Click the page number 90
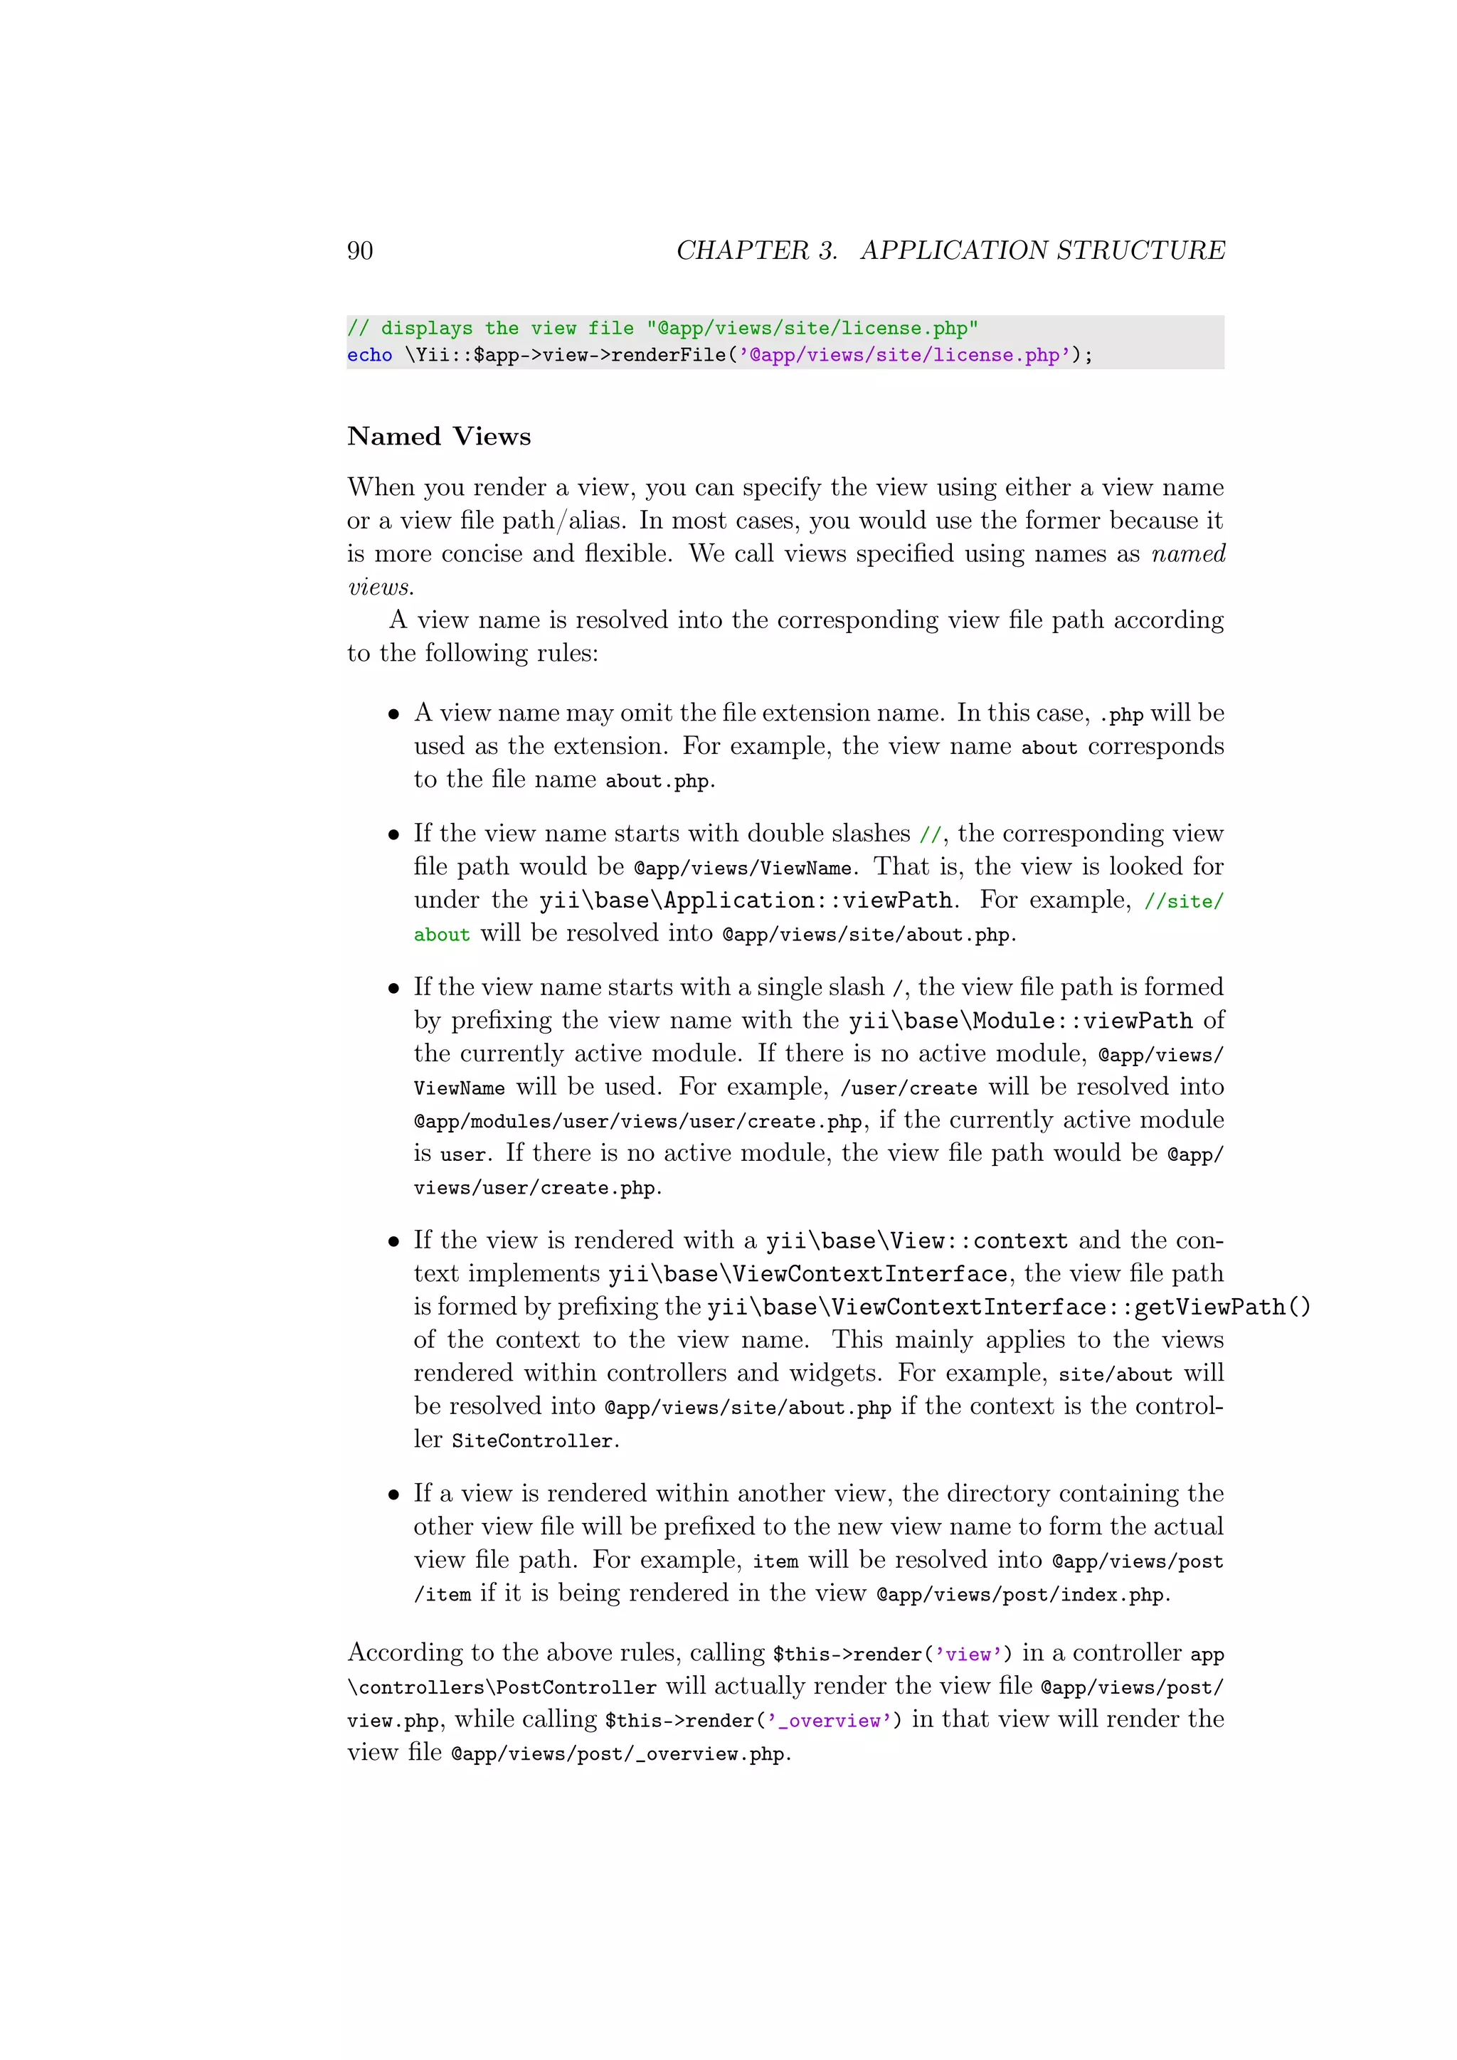click(x=360, y=250)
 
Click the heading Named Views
click(x=439, y=437)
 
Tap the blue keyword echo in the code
click(x=370, y=355)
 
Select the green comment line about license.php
click(x=662, y=329)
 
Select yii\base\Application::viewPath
click(x=746, y=901)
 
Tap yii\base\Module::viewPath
click(x=1021, y=1021)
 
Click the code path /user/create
click(x=908, y=1088)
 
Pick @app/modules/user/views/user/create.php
click(x=638, y=1122)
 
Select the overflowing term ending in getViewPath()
click(x=1008, y=1308)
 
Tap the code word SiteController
click(x=532, y=1441)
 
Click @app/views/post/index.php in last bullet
click(x=1020, y=1594)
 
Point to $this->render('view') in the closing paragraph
click(x=892, y=1655)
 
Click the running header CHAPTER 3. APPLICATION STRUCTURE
click(x=950, y=250)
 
